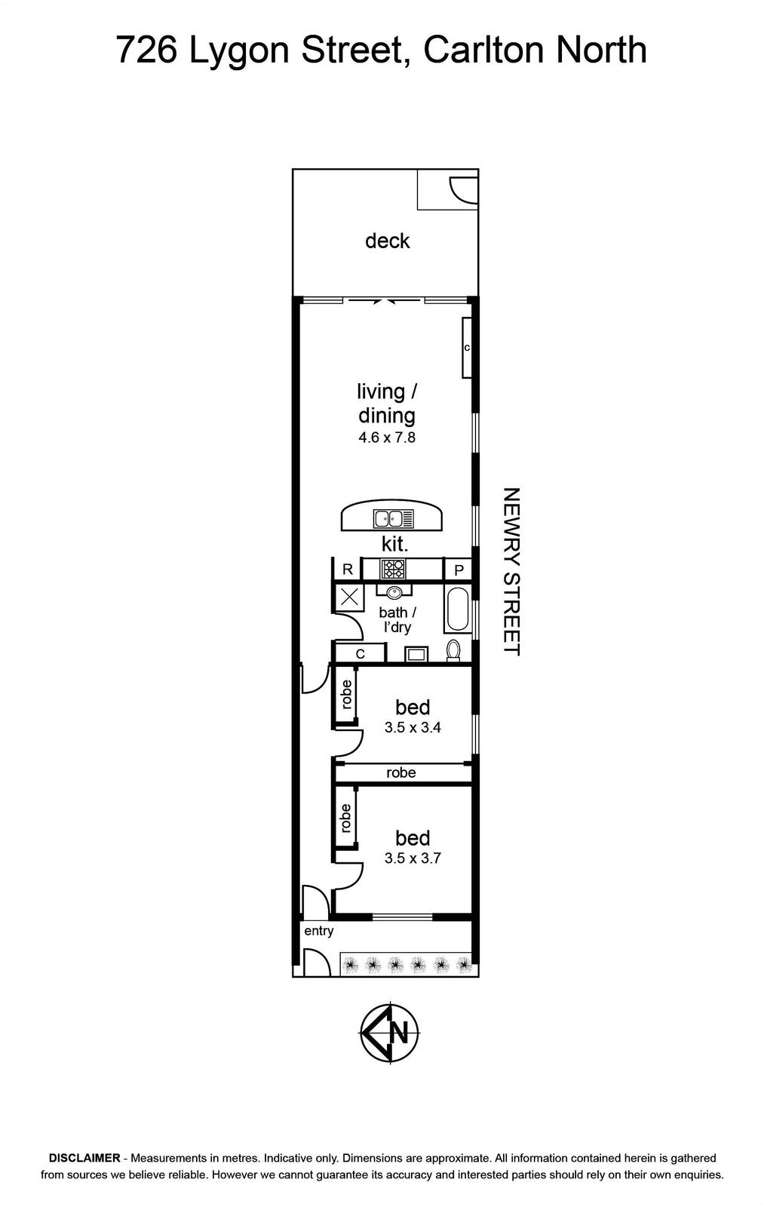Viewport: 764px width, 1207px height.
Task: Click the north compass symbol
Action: (x=390, y=1033)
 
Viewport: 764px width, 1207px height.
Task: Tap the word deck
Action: (x=388, y=241)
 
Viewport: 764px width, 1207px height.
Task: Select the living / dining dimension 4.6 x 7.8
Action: (x=387, y=437)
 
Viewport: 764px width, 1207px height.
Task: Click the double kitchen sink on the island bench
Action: (x=394, y=518)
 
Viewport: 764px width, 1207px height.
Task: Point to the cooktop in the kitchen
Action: (x=393, y=569)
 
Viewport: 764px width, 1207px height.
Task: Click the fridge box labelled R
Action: (x=348, y=570)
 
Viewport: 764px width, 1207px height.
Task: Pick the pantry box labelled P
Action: (x=459, y=570)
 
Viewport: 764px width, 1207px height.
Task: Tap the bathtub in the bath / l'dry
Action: (x=458, y=610)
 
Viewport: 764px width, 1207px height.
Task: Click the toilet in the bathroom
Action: (x=454, y=650)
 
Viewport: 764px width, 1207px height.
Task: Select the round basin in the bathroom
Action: (x=394, y=592)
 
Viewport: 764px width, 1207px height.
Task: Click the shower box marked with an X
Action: (x=349, y=597)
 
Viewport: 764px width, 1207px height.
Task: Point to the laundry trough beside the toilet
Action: (x=416, y=654)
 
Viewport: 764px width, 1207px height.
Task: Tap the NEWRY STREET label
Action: (x=511, y=572)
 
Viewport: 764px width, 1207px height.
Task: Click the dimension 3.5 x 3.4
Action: (x=413, y=727)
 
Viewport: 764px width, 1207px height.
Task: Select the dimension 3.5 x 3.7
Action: (x=413, y=858)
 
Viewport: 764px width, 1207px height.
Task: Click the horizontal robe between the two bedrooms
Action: (x=401, y=772)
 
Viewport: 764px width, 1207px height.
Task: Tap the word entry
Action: (x=319, y=931)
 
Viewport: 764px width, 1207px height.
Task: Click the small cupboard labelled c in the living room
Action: (x=467, y=348)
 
